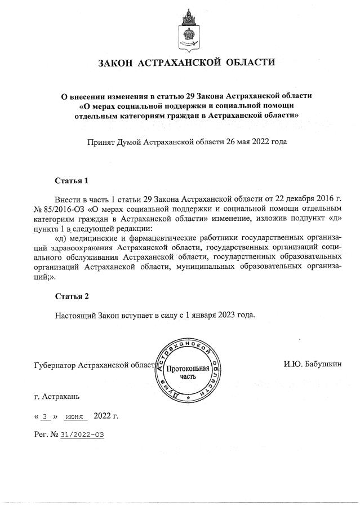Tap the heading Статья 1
coord(72,181)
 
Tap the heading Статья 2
coord(72,296)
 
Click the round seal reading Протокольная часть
coord(188,370)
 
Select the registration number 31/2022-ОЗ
coord(83,435)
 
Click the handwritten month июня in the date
coord(74,417)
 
